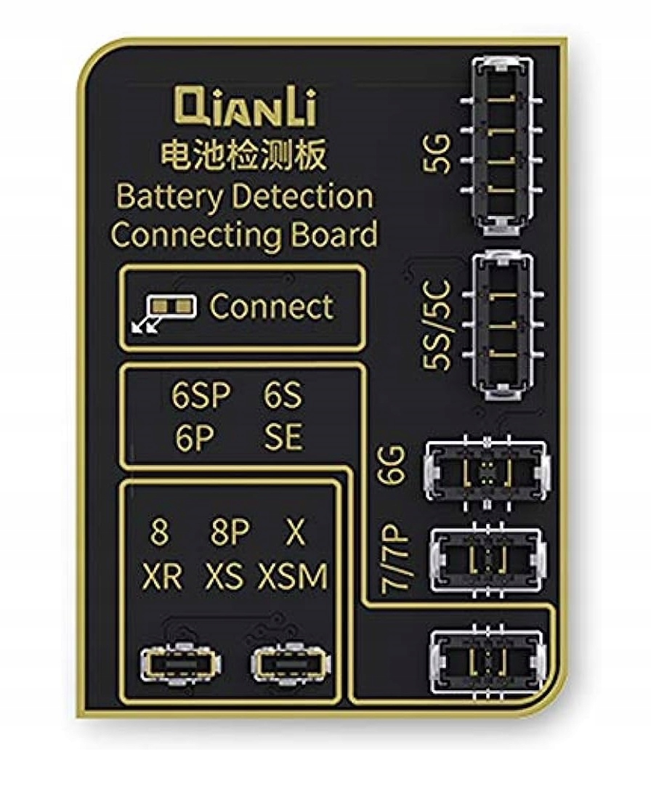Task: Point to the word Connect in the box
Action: (x=272, y=307)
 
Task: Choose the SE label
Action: (x=283, y=437)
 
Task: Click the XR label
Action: (x=163, y=578)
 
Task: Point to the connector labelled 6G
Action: (x=488, y=473)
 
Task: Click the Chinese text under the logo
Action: (x=243, y=155)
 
